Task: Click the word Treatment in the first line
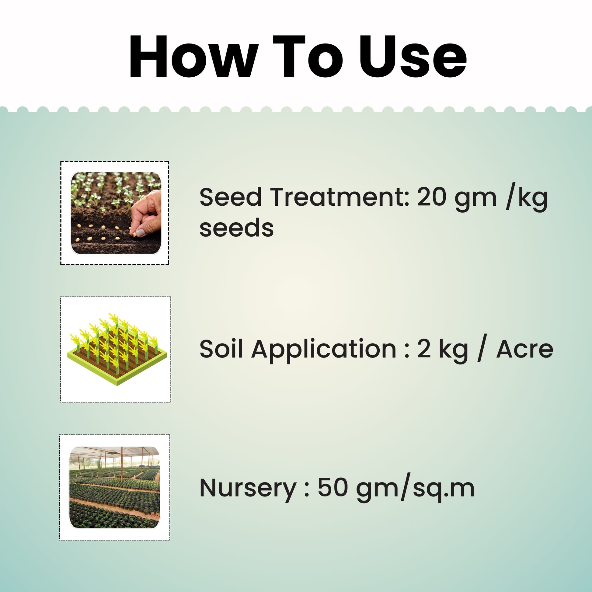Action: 340,197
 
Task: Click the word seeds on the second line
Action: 237,228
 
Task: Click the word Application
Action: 324,350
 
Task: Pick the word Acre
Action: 524,349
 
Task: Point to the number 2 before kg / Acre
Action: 424,349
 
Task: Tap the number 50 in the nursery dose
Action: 332,488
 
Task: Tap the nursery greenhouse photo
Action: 115,487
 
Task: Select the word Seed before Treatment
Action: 231,197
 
